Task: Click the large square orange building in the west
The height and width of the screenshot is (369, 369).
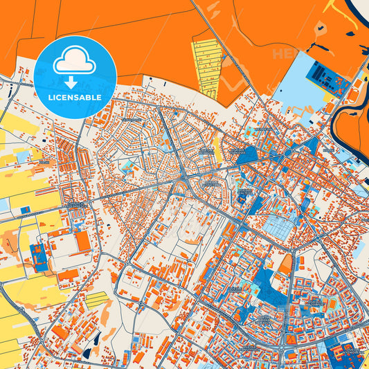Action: point(82,241)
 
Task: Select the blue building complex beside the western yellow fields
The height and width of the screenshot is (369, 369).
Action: point(39,256)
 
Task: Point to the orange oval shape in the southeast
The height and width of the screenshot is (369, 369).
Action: point(285,263)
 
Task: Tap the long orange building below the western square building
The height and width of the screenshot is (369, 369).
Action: point(68,274)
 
